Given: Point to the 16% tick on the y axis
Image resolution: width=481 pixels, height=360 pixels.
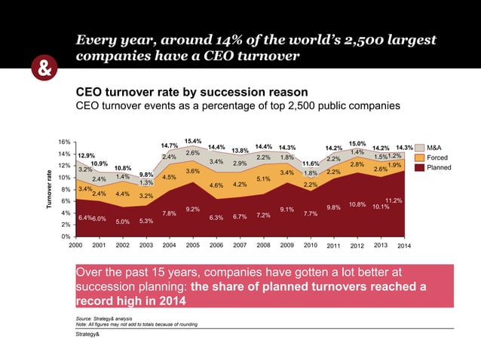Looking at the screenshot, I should (65, 142).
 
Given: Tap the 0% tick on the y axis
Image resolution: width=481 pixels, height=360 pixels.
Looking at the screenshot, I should (66, 236).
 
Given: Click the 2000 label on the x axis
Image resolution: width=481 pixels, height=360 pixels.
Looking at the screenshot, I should (76, 246).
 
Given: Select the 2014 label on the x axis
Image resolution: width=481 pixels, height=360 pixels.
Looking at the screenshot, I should (404, 246).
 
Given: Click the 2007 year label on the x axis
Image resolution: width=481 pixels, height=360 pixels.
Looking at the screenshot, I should (240, 246).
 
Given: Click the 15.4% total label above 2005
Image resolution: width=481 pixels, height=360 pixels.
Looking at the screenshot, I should (193, 141).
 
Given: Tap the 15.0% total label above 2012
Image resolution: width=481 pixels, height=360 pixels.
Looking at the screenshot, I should (357, 143).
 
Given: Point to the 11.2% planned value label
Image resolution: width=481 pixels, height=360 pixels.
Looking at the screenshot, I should (394, 200).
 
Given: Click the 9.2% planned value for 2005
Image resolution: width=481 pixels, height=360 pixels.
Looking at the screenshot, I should (193, 209).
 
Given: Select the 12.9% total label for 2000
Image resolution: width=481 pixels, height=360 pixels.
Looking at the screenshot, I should (85, 155).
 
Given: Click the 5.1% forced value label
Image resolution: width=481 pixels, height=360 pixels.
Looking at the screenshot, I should (263, 178).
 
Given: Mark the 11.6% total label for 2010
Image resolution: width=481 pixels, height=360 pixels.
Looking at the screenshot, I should (310, 163).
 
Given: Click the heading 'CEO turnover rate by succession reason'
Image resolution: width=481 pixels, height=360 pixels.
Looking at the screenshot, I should (182, 92).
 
